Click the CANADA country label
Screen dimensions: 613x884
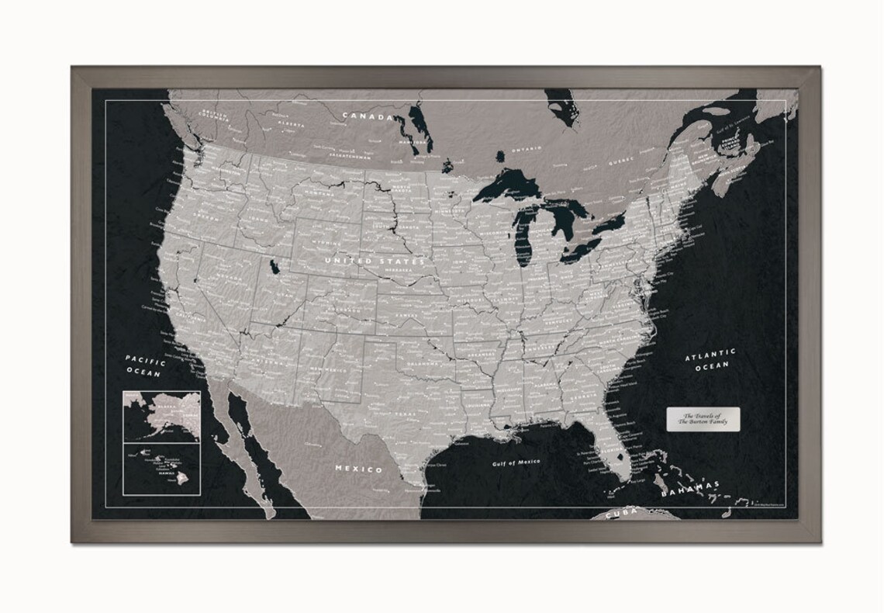[368, 116]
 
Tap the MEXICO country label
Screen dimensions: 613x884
[358, 469]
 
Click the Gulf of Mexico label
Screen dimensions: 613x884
[516, 462]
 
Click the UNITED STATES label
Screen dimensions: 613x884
[375, 261]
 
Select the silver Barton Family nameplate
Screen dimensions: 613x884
[703, 417]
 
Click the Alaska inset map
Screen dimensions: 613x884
[161, 416]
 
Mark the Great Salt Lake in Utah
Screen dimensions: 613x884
[275, 268]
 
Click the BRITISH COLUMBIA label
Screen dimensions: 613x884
[215, 115]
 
